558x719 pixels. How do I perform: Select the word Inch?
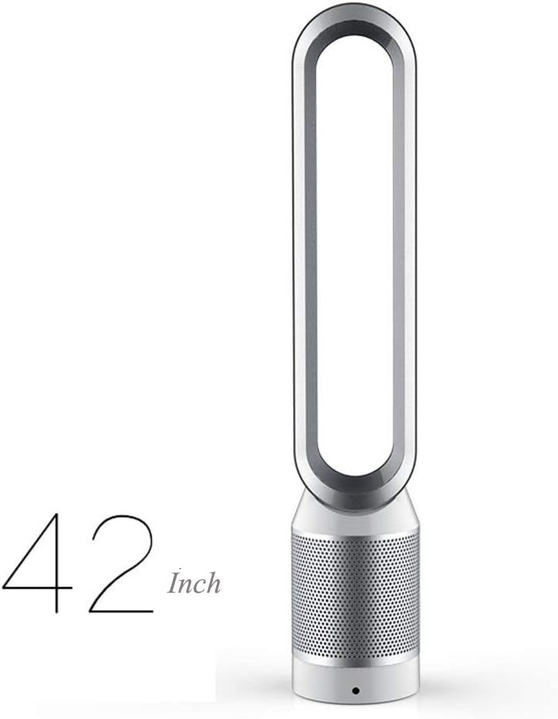[x=193, y=582]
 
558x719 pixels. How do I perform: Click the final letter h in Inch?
[x=213, y=582]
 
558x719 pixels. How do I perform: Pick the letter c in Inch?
[x=200, y=587]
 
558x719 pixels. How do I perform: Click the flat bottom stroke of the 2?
[x=121, y=611]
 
